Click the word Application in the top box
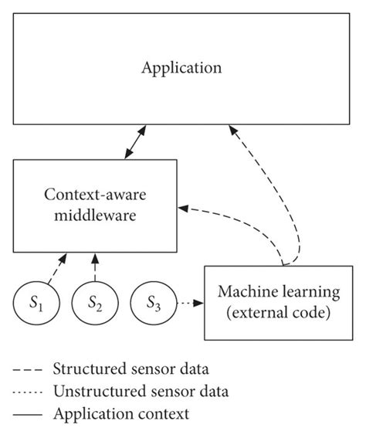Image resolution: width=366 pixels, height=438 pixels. (181, 68)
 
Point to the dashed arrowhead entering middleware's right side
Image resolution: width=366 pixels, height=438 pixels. (182, 206)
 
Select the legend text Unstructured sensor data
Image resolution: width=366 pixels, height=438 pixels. (141, 390)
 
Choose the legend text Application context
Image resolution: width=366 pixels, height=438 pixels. (121, 413)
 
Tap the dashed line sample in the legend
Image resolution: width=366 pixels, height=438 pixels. (29, 368)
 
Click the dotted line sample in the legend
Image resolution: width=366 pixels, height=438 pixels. (29, 391)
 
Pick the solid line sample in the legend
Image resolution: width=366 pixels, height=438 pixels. (29, 414)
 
